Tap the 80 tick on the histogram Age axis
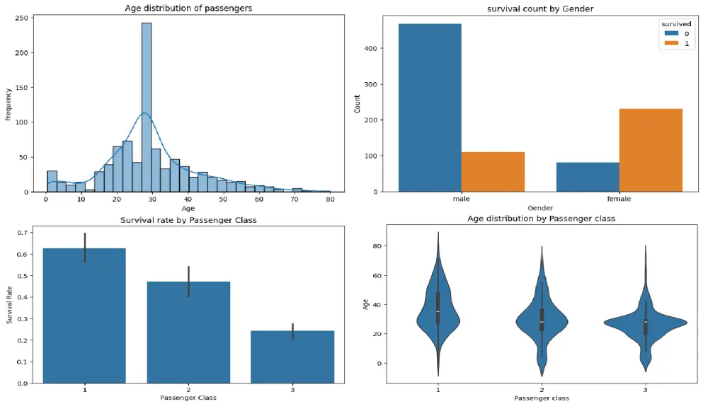point(329,200)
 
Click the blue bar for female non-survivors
point(588,177)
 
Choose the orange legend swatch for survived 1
point(669,44)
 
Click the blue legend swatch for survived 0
point(669,34)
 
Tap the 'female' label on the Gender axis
point(619,199)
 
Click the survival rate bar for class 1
point(84,316)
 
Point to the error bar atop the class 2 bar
point(189,281)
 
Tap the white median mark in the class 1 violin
point(438,312)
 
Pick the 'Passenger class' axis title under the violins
point(542,398)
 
